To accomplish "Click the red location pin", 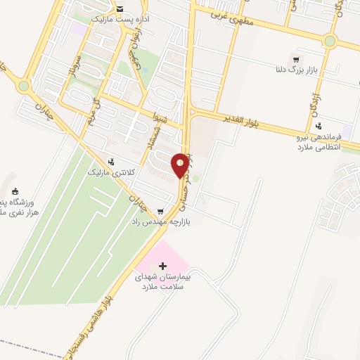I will tap(181, 165).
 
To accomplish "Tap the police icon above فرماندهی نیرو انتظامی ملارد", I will tap(318, 127).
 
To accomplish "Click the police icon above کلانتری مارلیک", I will tap(111, 162).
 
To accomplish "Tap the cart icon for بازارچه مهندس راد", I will tap(161, 211).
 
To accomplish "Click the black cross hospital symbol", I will tap(163, 266).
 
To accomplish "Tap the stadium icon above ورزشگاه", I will tap(15, 191).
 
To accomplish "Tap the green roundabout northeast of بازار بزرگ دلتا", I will tap(330, 41).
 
